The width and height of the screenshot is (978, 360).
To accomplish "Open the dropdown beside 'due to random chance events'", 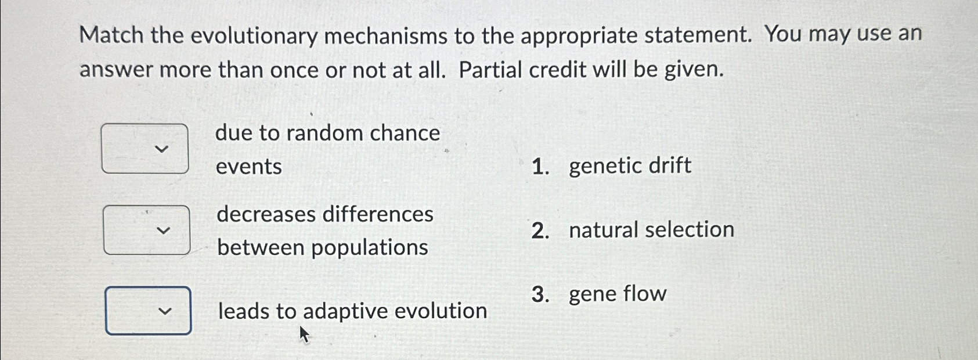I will click(145, 149).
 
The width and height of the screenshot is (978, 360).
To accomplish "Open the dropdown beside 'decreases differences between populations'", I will click(147, 230).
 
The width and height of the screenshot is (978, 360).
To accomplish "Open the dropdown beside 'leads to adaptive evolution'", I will click(149, 311).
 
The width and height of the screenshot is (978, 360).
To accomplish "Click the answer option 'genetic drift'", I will click(630, 166).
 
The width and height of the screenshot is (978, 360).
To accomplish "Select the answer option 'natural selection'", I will click(651, 230).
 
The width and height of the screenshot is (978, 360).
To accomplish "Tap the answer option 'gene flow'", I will click(618, 294).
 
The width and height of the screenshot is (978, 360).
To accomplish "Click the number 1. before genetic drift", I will click(540, 167).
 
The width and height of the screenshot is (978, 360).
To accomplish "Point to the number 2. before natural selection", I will click(540, 231).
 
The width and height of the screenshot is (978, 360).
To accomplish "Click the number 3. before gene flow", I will click(540, 295).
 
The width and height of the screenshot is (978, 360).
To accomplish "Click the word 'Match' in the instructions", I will click(111, 36).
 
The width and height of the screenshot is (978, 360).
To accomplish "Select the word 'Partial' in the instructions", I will click(492, 70).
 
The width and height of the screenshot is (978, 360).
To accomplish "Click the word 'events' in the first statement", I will click(248, 167).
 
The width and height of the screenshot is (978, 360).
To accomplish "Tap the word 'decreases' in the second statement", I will click(266, 215).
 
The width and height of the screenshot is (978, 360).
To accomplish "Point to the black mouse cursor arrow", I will click(304, 334).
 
